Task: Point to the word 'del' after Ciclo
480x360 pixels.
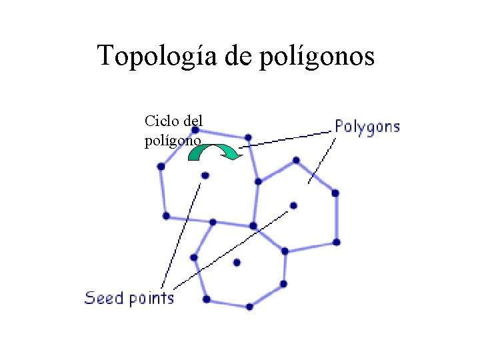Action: [193, 121]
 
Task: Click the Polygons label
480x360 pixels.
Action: [367, 127]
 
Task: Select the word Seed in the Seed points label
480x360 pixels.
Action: [104, 297]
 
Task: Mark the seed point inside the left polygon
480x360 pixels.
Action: [205, 175]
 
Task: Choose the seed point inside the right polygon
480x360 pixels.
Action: [293, 205]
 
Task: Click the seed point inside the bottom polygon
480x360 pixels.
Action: [237, 263]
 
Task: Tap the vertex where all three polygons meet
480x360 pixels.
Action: [253, 226]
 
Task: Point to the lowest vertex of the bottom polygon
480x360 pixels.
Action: [249, 307]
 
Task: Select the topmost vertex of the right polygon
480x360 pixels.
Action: [296, 160]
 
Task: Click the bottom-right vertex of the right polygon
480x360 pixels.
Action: [337, 241]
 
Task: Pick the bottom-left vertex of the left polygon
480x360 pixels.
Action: [166, 216]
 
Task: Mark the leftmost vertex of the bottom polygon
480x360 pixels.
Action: [194, 257]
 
